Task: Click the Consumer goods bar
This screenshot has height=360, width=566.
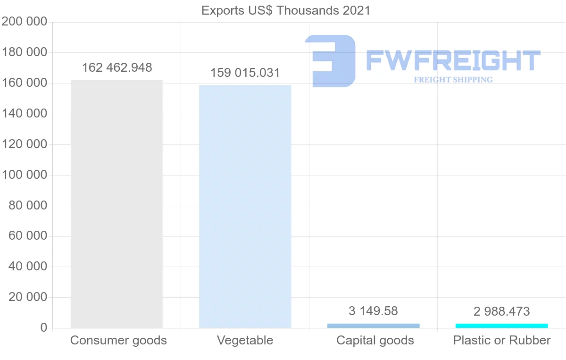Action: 117,204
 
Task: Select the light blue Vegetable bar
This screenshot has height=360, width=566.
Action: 245,206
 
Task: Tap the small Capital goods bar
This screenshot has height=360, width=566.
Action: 373,326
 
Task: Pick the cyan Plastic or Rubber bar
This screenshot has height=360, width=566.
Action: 502,326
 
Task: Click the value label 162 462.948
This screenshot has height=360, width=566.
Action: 117,67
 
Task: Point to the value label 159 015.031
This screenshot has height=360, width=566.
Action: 245,73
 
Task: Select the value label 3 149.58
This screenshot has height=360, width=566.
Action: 373,311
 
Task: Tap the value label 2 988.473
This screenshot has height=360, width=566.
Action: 502,311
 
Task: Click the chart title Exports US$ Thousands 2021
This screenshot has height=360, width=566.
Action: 286,10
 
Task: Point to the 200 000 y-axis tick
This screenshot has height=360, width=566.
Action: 25,22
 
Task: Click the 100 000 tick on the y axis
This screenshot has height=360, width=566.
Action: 25,175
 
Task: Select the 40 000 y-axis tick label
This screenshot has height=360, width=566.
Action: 28,267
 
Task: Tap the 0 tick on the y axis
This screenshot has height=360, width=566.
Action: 43,328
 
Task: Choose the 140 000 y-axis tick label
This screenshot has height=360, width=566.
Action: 25,114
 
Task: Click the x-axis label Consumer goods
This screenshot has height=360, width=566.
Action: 118,340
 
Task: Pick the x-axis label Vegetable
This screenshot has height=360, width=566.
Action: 245,340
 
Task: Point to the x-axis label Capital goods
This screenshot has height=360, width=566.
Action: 375,340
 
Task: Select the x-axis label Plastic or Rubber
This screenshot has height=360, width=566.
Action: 502,340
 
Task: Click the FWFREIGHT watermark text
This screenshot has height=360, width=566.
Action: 453,60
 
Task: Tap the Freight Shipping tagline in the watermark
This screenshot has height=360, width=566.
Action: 453,80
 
